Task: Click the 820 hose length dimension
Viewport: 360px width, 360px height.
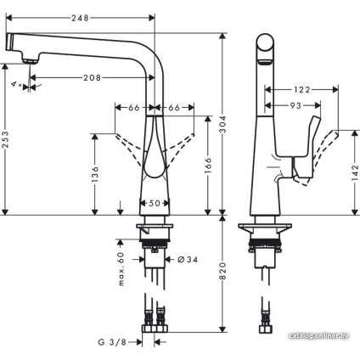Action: pyautogui.click(x=222, y=272)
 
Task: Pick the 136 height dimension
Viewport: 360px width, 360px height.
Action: pyautogui.click(x=95, y=174)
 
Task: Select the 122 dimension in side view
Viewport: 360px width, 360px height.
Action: pyautogui.click(x=301, y=87)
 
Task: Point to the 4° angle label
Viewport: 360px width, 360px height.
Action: pyautogui.click(x=15, y=85)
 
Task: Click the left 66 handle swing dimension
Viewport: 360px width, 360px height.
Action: pyautogui.click(x=134, y=108)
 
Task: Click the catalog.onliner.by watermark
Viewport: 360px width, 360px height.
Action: pyautogui.click(x=318, y=335)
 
